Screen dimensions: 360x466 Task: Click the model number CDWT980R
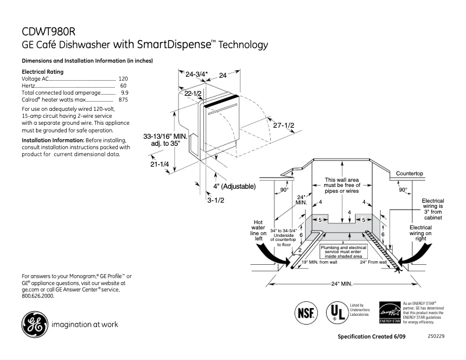click(49, 32)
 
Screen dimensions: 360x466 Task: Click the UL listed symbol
click(336, 312)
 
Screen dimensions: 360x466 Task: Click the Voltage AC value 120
click(123, 78)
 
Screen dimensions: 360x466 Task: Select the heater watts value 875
click(123, 100)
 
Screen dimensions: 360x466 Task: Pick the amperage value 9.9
click(124, 93)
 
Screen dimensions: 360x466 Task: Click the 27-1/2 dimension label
click(284, 126)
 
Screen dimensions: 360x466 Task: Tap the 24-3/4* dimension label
click(196, 75)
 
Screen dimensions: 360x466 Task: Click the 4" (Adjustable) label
click(235, 186)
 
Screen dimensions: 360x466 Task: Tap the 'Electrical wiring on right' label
click(421, 233)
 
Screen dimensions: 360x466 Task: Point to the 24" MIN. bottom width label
click(343, 284)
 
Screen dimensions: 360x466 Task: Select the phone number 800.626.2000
click(38, 296)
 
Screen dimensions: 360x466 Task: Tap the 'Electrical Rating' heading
click(42, 71)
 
